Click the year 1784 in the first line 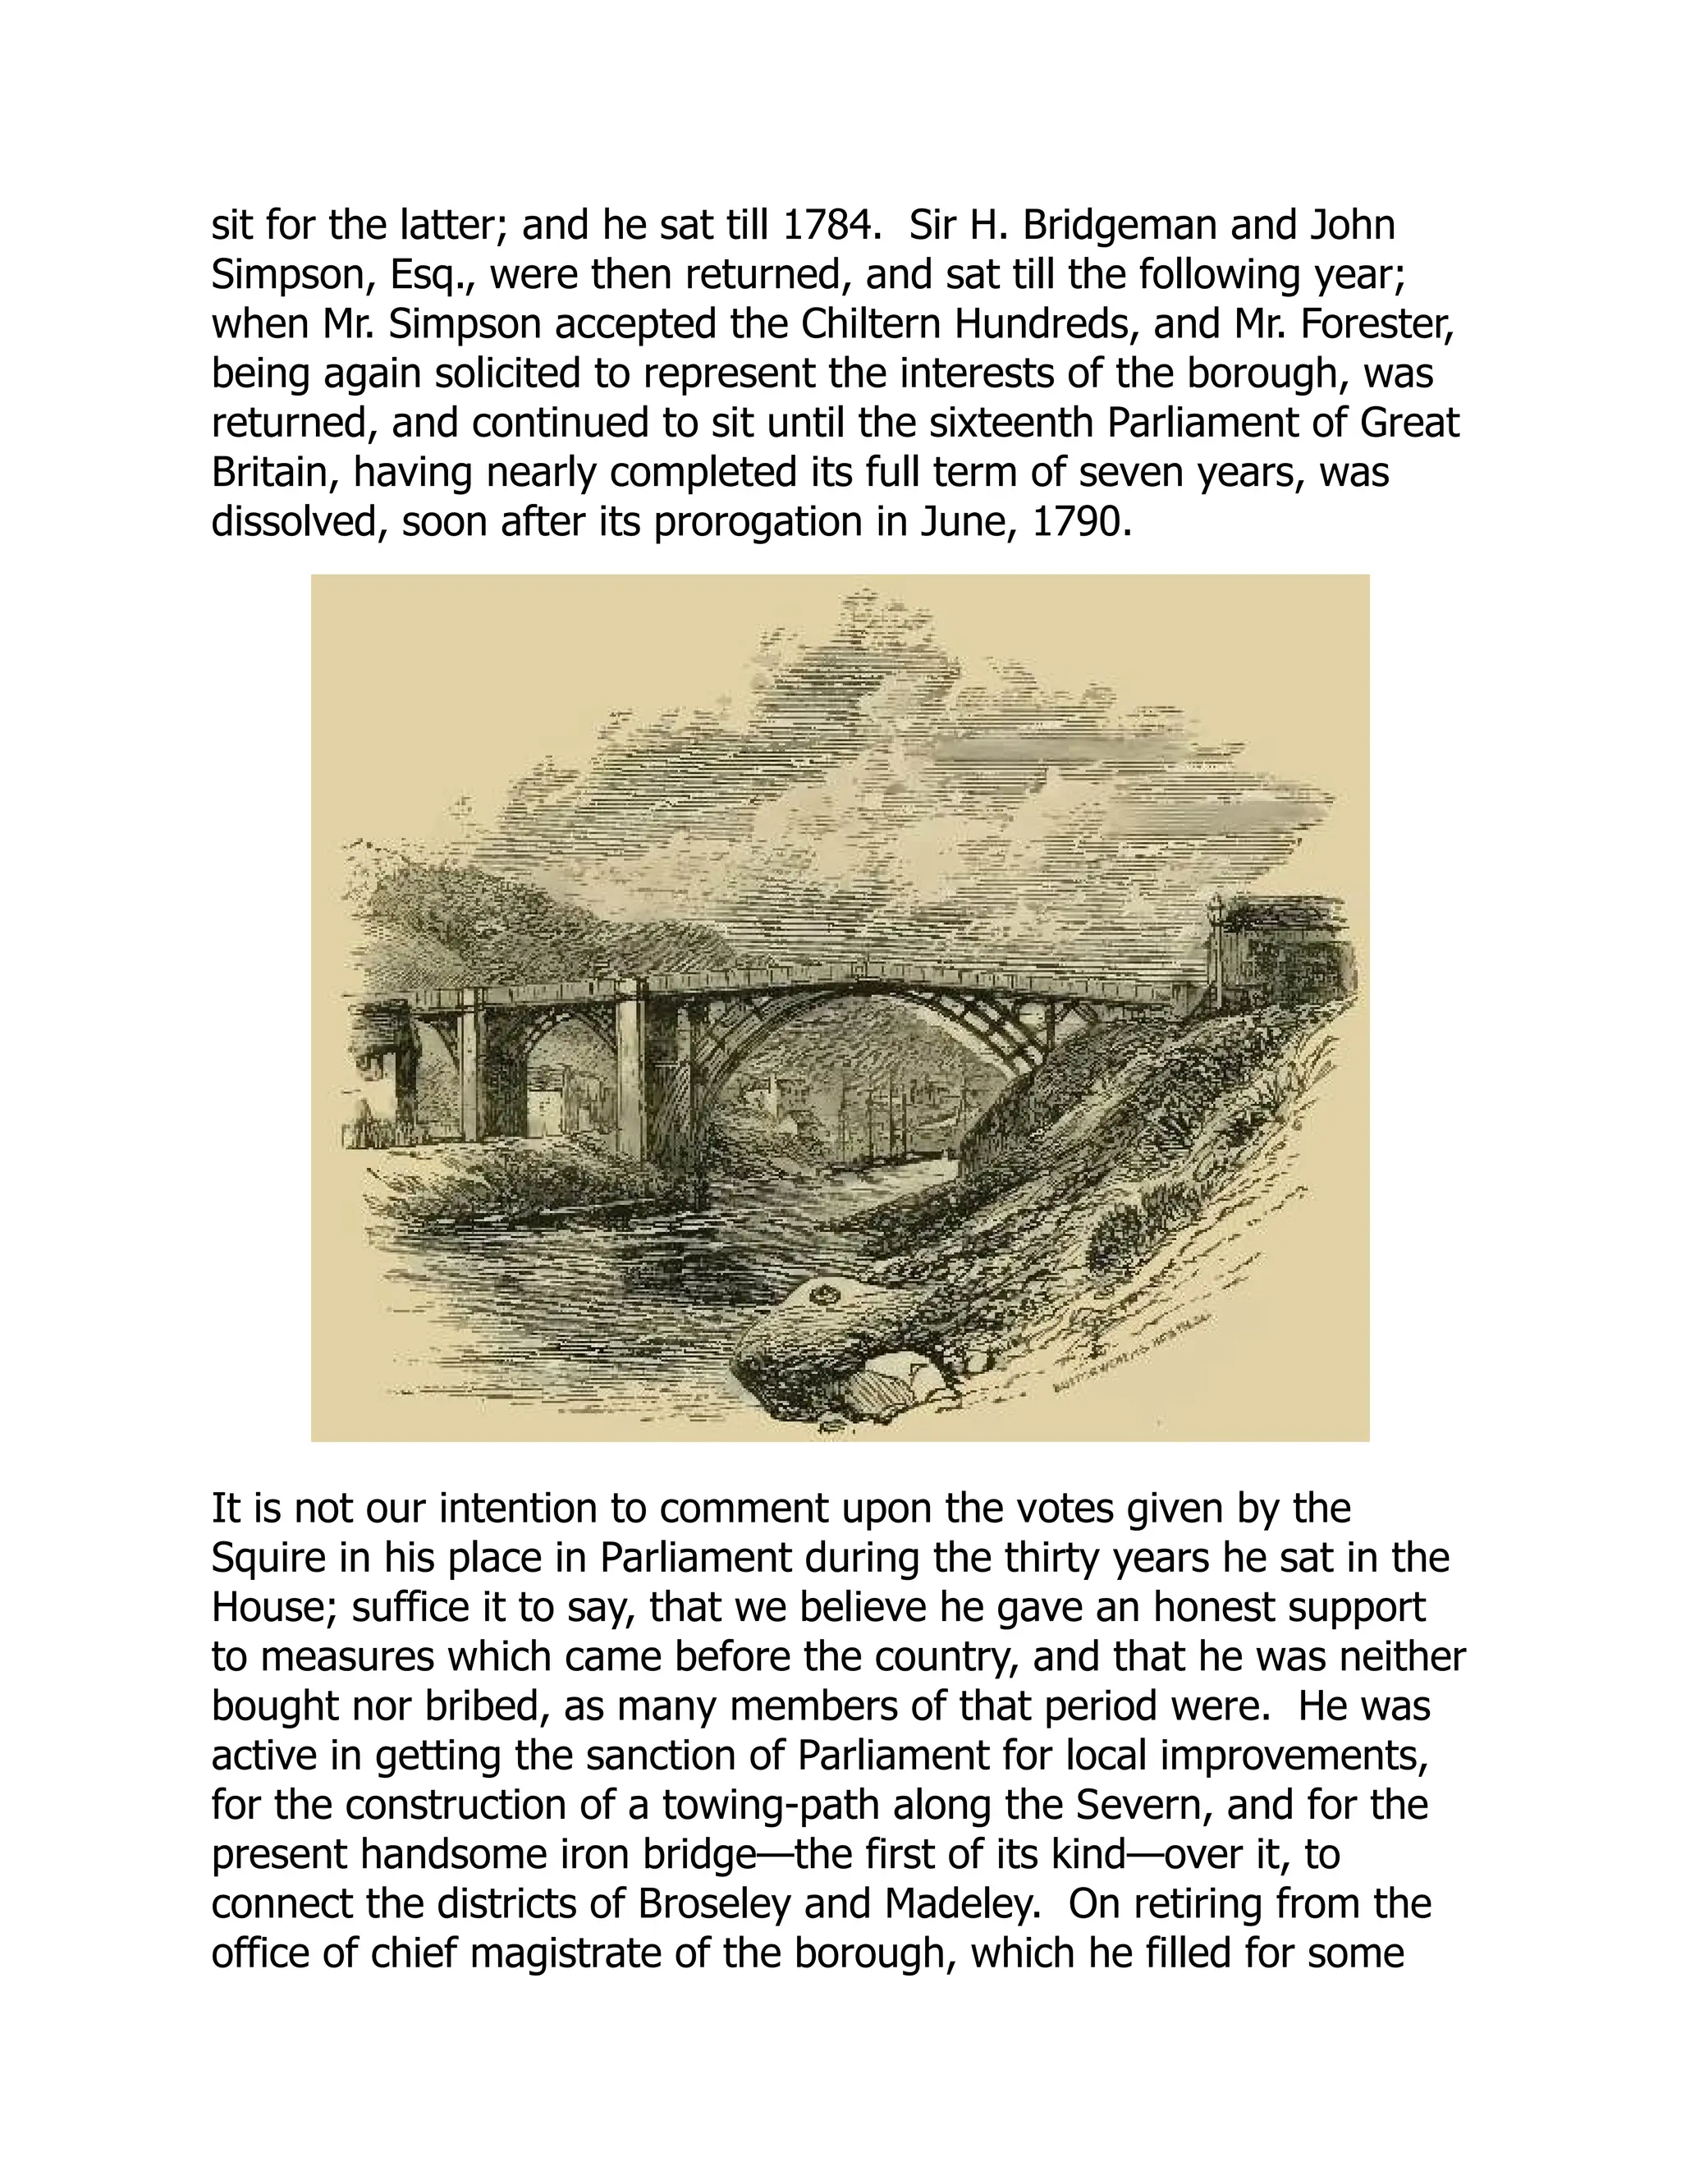click(827, 226)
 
